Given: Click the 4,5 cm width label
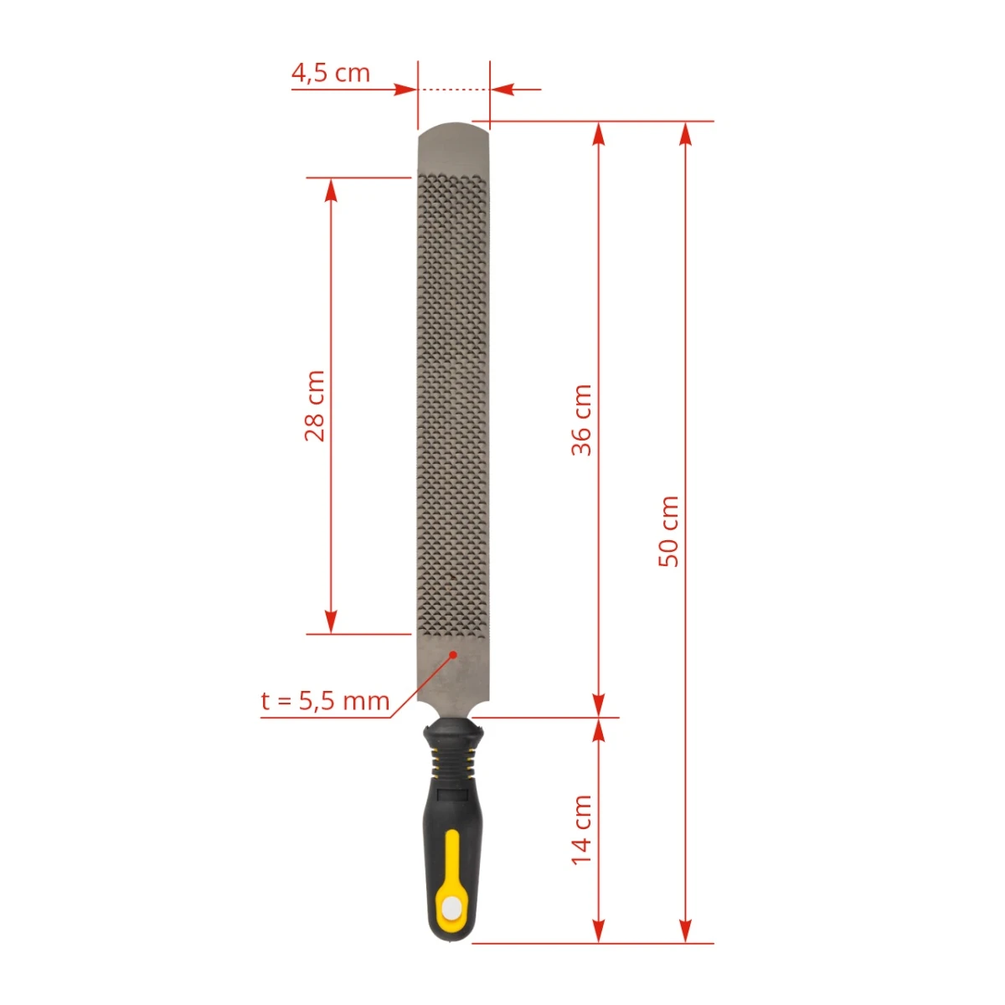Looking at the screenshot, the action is point(331,73).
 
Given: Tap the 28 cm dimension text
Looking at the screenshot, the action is point(316,406).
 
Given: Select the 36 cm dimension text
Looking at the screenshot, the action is point(582,420).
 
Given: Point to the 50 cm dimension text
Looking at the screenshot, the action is point(669,532).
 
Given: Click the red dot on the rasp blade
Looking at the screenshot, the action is point(453,655).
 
